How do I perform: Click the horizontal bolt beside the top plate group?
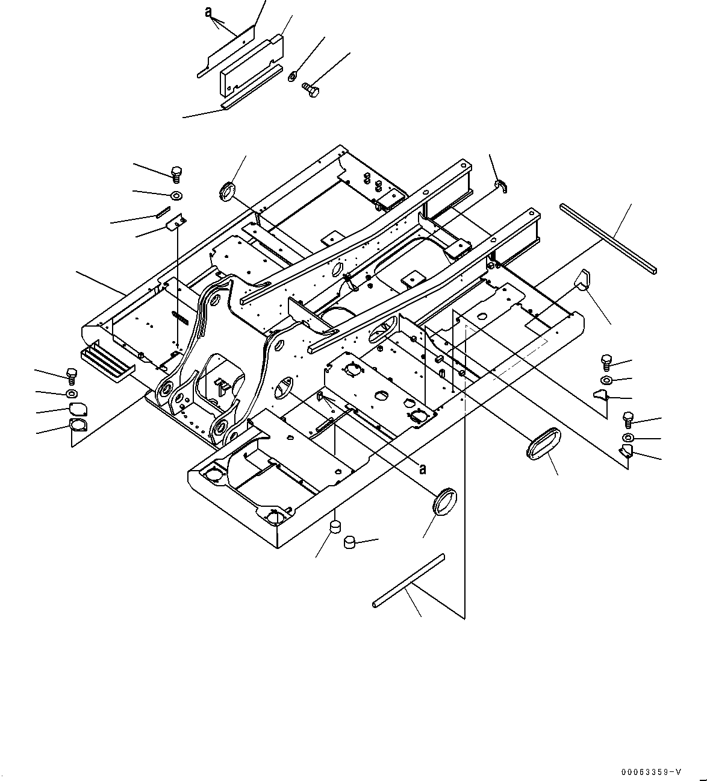tap(311, 89)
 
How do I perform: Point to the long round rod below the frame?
tap(408, 579)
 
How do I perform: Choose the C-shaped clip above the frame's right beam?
tap(500, 186)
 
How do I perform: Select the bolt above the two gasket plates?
tap(71, 376)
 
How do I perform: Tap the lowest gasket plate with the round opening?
tap(78, 425)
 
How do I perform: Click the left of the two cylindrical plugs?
tap(334, 529)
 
